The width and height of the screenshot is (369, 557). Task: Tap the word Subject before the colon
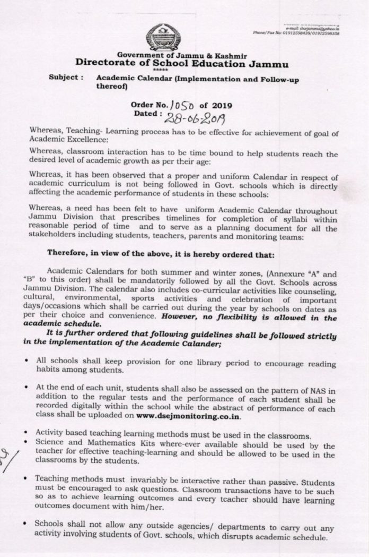(x=64, y=77)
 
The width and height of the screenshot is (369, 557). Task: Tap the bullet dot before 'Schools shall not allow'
(x=26, y=524)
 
